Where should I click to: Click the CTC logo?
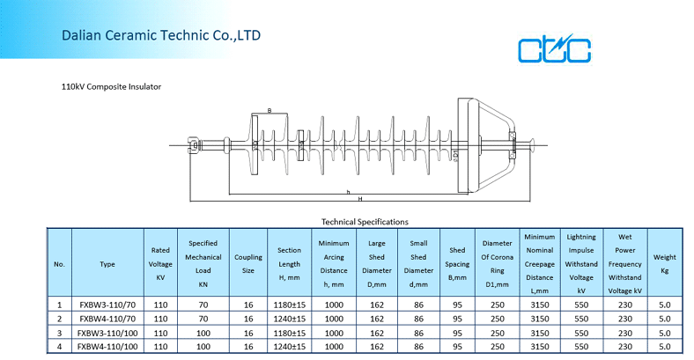pyautogui.click(x=554, y=48)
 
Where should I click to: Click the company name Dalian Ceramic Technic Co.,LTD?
pyautogui.click(x=161, y=35)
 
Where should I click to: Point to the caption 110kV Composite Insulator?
pyautogui.click(x=111, y=86)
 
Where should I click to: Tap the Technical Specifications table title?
pyautogui.click(x=365, y=222)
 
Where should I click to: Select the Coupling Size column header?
pyautogui.click(x=248, y=263)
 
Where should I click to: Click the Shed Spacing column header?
pyautogui.click(x=457, y=263)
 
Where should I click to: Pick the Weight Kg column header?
pyautogui.click(x=664, y=263)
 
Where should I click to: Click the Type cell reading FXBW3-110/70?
pyautogui.click(x=107, y=305)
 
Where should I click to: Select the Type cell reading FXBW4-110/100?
pyautogui.click(x=107, y=346)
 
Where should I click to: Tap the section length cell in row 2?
pyautogui.click(x=290, y=319)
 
